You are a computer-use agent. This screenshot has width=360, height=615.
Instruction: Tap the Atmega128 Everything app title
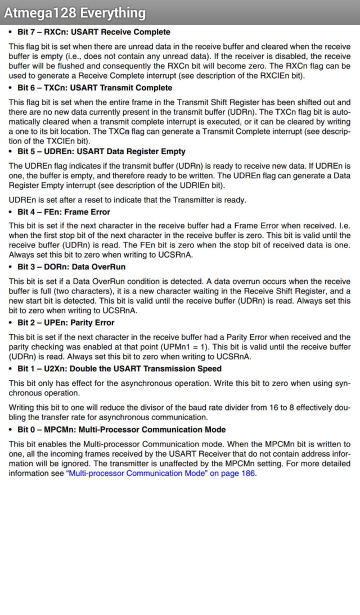(x=75, y=12)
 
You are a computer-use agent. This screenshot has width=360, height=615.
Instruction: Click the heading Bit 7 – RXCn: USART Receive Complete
(x=93, y=32)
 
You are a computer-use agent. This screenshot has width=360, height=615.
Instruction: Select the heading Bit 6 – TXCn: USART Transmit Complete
(x=94, y=88)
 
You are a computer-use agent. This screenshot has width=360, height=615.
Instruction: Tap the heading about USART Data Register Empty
(x=101, y=151)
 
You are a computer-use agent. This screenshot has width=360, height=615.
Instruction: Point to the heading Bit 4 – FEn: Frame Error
(x=63, y=212)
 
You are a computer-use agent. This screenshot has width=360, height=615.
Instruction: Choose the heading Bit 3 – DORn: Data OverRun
(x=71, y=267)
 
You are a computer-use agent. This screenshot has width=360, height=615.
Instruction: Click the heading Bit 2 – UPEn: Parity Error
(x=65, y=323)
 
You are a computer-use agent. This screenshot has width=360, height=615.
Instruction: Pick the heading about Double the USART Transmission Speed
(x=119, y=369)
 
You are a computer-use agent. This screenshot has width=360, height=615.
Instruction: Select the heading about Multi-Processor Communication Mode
(x=121, y=430)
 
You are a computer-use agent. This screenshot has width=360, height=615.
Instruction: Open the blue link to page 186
(x=160, y=473)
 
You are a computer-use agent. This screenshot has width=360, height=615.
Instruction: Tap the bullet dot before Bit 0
(x=11, y=430)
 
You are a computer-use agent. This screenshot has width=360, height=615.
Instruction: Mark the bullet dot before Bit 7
(x=11, y=32)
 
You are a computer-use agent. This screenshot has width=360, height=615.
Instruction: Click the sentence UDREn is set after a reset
(x=127, y=200)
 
